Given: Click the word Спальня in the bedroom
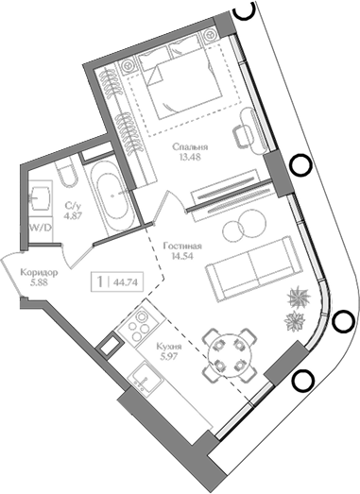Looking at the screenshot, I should tap(192, 147).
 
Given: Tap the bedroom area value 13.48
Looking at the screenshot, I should tap(192, 159).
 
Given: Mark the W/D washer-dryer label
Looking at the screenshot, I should tap(40, 228).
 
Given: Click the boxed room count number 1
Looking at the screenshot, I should tap(99, 281).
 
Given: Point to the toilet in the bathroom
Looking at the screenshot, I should tap(67, 177).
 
